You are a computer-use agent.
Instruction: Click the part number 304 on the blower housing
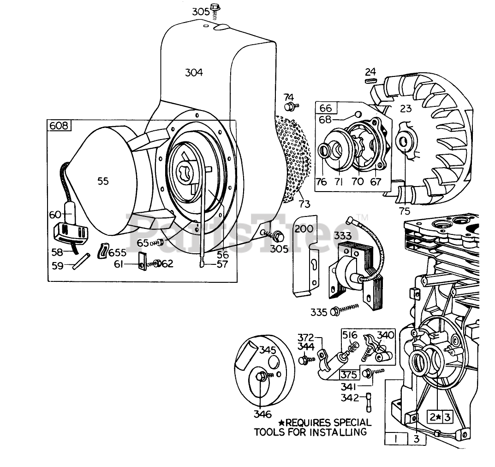194,72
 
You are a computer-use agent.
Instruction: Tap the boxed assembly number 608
59,126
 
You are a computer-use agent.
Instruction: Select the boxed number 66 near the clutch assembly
326,108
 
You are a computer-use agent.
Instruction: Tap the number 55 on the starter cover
103,181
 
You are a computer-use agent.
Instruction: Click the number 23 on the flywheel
406,109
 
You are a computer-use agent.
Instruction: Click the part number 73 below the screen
304,204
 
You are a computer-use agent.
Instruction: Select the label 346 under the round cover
262,414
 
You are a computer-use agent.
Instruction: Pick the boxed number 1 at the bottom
395,439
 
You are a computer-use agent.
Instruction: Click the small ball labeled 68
357,114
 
